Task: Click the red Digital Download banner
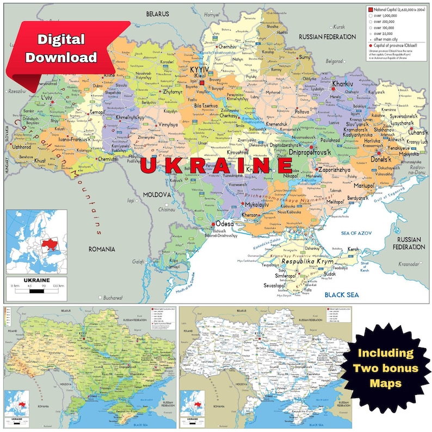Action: click(68, 49)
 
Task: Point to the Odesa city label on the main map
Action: click(224, 224)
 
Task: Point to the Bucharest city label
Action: click(112, 298)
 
